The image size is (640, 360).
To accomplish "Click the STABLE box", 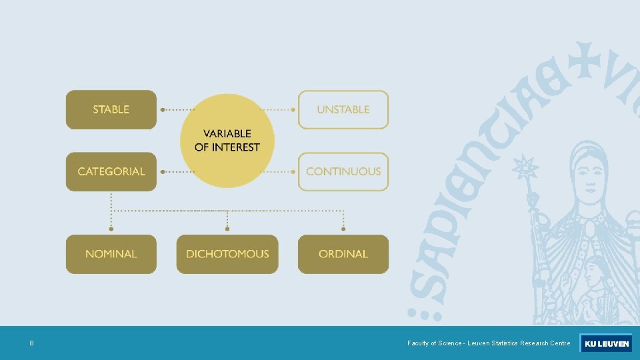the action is (111, 109).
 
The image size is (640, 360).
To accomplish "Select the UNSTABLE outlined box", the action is (343, 109).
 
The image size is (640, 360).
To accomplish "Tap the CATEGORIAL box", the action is (111, 171).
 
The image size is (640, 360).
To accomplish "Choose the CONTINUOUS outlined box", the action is (343, 171).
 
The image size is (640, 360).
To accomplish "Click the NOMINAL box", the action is (111, 254).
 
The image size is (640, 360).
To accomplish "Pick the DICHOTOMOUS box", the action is (227, 254).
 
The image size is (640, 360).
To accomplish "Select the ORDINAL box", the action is (343, 254).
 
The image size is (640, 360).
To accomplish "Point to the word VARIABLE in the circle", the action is (227, 133).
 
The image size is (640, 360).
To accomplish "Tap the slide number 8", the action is (31, 343).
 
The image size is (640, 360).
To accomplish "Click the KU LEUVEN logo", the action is (605, 343).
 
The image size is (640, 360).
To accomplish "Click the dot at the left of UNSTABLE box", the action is (294, 109).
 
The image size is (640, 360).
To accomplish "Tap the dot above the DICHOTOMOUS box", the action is (227, 229).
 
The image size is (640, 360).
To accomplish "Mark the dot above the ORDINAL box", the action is (343, 229).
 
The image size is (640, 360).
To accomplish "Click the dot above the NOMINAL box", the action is (111, 229).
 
